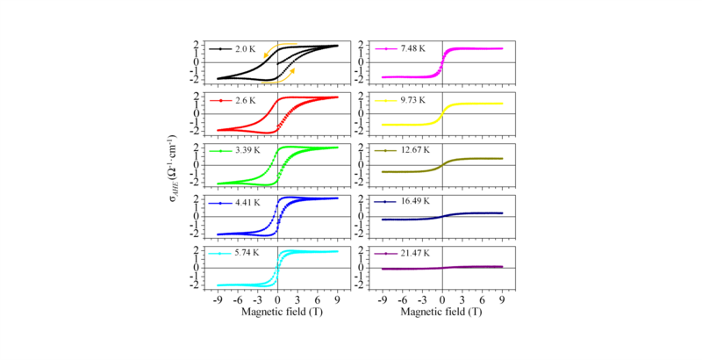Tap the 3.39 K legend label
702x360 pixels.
[x=248, y=152]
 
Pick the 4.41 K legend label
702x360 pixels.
[x=248, y=203]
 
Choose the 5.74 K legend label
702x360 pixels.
[x=248, y=254]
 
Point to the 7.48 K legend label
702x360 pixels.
[x=412, y=49]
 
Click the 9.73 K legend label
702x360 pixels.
[x=412, y=101]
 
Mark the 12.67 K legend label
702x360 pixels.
[x=415, y=152]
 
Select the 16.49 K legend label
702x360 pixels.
[x=415, y=203]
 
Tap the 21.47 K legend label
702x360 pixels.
[x=415, y=254]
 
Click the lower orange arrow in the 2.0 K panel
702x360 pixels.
[x=285, y=79]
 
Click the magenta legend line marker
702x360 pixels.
[x=385, y=49]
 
